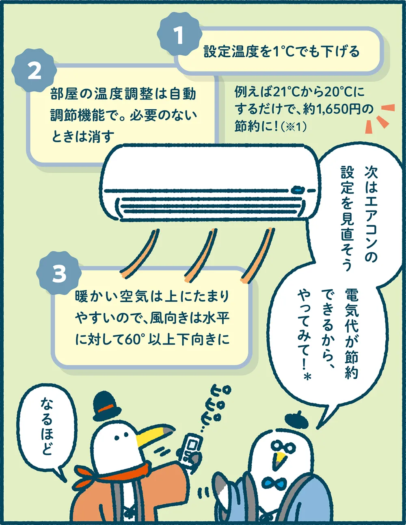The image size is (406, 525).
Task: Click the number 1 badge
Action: pos(179,36)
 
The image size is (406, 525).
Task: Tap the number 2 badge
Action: pos(35,72)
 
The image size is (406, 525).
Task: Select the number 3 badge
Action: pos(59,274)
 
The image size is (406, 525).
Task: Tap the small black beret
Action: pos(296,420)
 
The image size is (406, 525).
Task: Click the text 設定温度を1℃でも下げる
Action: pos(281,52)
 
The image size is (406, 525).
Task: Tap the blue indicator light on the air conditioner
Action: pos(297,190)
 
